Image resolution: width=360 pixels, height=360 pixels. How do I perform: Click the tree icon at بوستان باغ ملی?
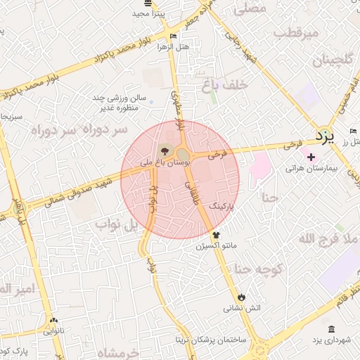164,150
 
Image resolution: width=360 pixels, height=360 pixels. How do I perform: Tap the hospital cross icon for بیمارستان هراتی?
311,157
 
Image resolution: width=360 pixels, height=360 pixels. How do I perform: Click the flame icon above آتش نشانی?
242,296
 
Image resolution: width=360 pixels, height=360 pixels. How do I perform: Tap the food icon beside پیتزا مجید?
138,13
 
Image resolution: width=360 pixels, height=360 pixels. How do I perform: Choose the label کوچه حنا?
258,269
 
